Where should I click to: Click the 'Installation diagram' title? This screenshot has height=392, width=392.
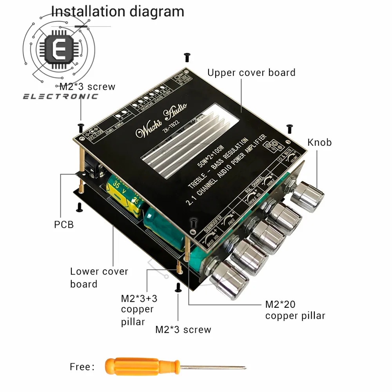(x=118, y=11)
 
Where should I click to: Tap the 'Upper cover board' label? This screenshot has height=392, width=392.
(x=251, y=73)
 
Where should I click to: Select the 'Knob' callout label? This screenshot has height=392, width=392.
(x=319, y=142)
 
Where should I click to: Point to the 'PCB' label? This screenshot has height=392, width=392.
(x=64, y=225)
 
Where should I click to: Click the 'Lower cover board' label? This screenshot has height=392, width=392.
(x=99, y=278)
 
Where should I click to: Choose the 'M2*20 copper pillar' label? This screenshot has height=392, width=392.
(x=295, y=310)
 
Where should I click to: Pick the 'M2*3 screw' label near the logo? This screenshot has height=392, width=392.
(x=87, y=87)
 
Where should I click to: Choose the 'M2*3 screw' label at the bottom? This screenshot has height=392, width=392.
(x=183, y=329)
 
